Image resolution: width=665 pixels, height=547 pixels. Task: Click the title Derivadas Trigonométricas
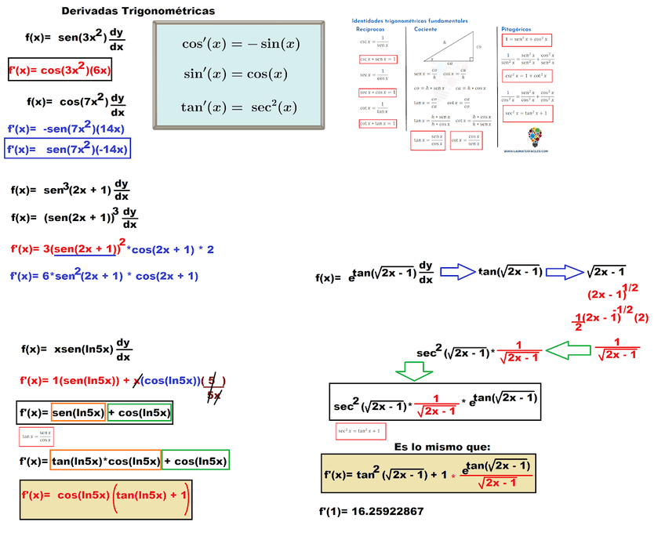[x=137, y=11]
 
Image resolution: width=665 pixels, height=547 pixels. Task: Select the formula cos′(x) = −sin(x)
[x=241, y=44]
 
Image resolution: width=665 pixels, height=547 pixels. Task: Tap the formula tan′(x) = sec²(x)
[x=239, y=107]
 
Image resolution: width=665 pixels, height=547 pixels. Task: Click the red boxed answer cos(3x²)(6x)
[x=60, y=71]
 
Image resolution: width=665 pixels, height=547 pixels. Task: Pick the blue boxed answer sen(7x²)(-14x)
[x=67, y=148]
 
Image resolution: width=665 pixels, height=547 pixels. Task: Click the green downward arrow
[x=412, y=371]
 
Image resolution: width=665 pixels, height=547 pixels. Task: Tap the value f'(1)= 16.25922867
[x=371, y=511]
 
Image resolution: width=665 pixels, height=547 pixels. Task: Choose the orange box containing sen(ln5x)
[x=78, y=412]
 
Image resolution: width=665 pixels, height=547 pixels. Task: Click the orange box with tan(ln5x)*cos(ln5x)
[x=105, y=461]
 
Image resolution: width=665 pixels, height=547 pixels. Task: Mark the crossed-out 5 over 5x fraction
[x=213, y=388]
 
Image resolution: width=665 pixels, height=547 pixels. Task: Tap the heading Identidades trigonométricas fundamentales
[x=409, y=20]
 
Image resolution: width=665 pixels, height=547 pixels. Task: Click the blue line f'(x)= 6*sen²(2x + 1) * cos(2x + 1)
[x=104, y=275]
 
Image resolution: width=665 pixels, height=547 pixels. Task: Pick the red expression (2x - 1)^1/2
[x=612, y=293]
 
